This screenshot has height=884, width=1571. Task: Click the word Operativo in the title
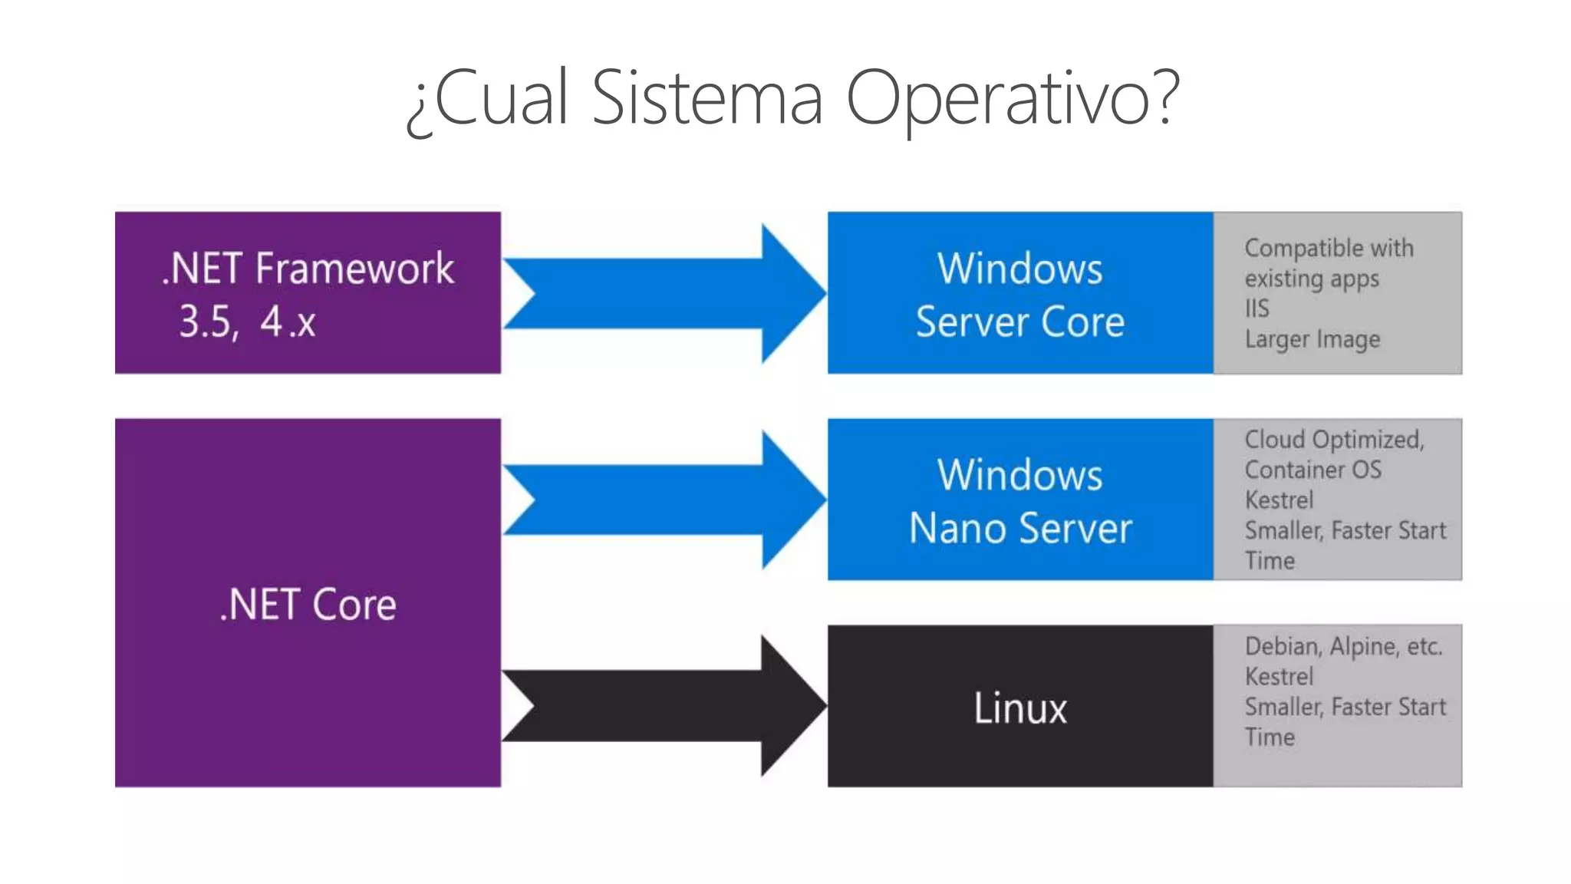click(1011, 98)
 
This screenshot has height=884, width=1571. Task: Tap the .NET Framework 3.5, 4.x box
click(308, 293)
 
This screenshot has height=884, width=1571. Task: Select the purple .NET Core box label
click(308, 605)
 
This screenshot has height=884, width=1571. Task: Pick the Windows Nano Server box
click(1019, 500)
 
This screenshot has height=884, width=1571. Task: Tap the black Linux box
click(1019, 707)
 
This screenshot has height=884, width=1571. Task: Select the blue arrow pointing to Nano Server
click(664, 500)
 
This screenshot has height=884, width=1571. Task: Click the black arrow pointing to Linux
click(664, 706)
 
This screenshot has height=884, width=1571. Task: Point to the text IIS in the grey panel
click(1256, 308)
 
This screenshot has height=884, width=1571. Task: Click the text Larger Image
click(1312, 339)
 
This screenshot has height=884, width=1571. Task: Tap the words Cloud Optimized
click(1333, 440)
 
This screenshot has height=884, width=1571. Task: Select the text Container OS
click(1312, 470)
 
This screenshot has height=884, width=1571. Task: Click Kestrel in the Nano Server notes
click(1279, 500)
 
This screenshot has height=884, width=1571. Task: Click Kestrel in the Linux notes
click(1279, 677)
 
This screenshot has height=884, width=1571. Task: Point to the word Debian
click(1282, 647)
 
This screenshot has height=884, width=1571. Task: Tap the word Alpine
click(1363, 647)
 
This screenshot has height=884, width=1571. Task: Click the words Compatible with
click(1329, 248)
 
